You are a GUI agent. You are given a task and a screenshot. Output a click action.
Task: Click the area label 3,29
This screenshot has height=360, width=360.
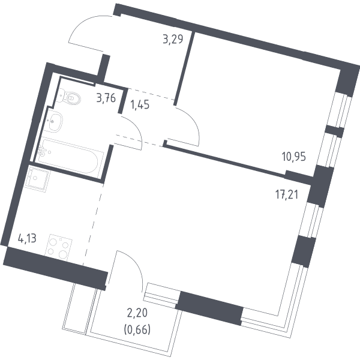coord(173,39)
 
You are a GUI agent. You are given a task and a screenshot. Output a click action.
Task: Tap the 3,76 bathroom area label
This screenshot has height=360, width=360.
coord(106,98)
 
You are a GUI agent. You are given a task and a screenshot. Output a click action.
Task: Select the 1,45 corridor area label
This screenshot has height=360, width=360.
coord(140,105)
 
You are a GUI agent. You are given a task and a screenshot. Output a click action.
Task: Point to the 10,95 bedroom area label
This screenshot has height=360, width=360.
coord(294,157)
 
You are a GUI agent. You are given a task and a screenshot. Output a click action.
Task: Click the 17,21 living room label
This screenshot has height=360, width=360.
coord(287,195)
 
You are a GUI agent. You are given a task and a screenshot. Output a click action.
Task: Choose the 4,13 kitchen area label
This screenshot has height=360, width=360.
coord(27,239)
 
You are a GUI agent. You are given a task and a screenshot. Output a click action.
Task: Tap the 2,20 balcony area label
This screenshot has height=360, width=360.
coord(137,313)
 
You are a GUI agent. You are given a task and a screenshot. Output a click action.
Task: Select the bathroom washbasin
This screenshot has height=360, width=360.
coord(54,122)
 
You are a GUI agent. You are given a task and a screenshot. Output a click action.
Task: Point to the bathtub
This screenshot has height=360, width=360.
coord(70,155)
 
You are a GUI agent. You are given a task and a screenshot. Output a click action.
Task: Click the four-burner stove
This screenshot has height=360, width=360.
coord(59,247)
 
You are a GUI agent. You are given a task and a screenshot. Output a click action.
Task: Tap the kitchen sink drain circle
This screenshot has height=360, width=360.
coord(35,178)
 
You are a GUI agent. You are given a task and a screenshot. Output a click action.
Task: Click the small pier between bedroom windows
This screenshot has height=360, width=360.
coord(335,131)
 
